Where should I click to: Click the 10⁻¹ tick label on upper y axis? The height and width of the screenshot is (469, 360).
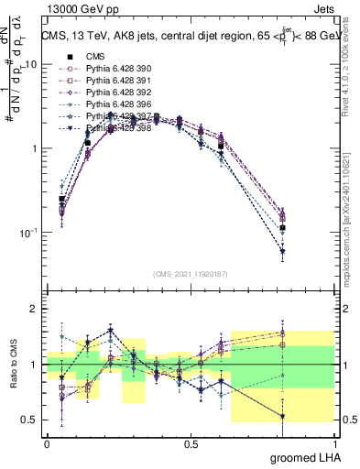coord(28,234)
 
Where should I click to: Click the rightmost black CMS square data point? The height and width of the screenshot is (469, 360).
coord(283,227)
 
